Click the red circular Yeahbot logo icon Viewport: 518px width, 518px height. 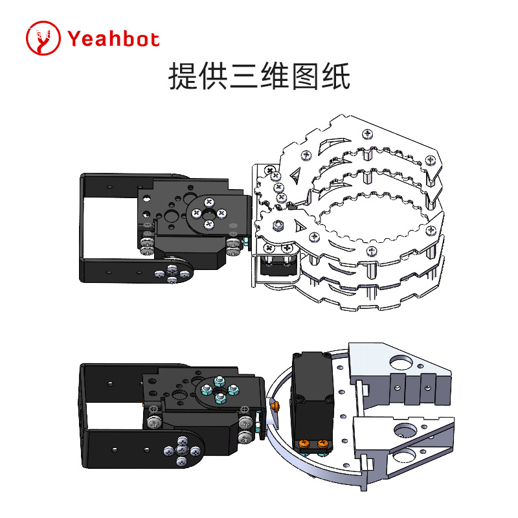(x=43, y=39)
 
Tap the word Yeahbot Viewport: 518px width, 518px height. (x=113, y=39)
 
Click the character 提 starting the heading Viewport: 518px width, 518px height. (x=183, y=76)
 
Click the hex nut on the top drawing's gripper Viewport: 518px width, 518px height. (x=278, y=225)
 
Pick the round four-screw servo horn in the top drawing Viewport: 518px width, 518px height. (x=208, y=212)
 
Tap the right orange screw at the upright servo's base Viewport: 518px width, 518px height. (x=322, y=444)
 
